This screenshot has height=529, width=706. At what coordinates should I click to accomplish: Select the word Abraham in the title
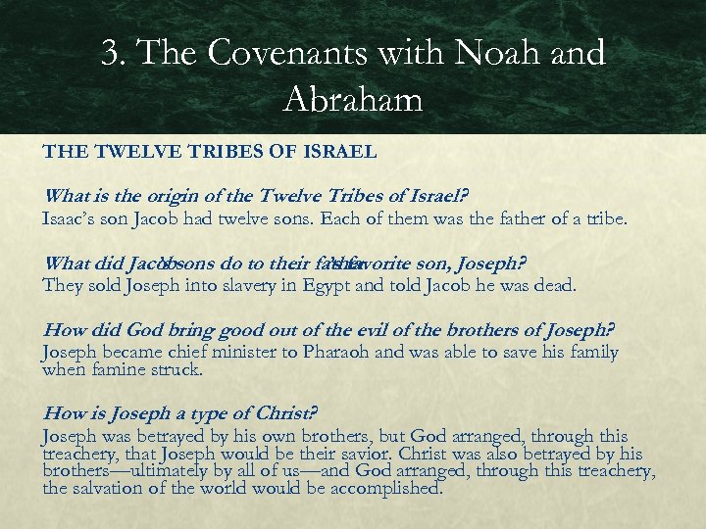(x=353, y=98)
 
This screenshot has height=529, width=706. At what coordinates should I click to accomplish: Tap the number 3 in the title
(x=111, y=54)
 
